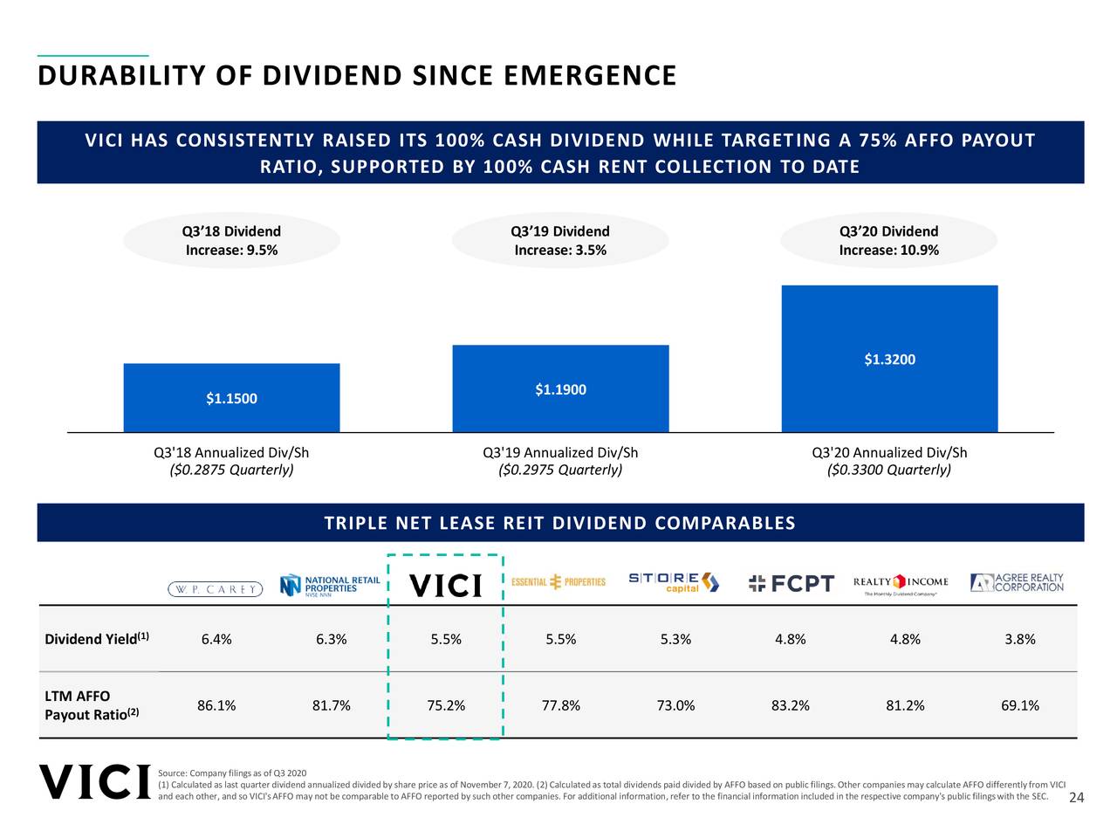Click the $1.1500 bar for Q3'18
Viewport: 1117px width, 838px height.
coord(231,398)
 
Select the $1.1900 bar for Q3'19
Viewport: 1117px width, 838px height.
coord(560,389)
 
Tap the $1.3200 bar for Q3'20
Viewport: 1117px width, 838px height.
coord(889,359)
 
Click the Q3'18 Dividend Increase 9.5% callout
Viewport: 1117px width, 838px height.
coord(231,241)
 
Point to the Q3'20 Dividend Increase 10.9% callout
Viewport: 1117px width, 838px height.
coord(888,241)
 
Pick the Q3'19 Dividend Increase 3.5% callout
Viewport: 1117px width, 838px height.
coord(560,241)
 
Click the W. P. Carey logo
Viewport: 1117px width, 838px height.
coord(216,589)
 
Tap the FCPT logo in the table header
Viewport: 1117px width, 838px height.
coord(791,583)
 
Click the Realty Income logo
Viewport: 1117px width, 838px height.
coord(901,583)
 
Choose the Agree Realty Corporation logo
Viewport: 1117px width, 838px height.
coord(1017,582)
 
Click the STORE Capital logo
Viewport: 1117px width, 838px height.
coord(674,582)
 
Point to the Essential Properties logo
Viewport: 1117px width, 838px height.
coord(558,582)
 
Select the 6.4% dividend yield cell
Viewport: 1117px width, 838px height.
coord(216,639)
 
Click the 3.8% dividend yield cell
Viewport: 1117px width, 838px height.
coord(1019,639)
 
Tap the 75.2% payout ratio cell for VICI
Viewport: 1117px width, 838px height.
coord(446,705)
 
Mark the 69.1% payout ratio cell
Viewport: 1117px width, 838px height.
coord(1019,705)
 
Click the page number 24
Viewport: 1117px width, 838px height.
coord(1076,798)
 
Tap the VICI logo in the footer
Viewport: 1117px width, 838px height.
coord(95,782)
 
